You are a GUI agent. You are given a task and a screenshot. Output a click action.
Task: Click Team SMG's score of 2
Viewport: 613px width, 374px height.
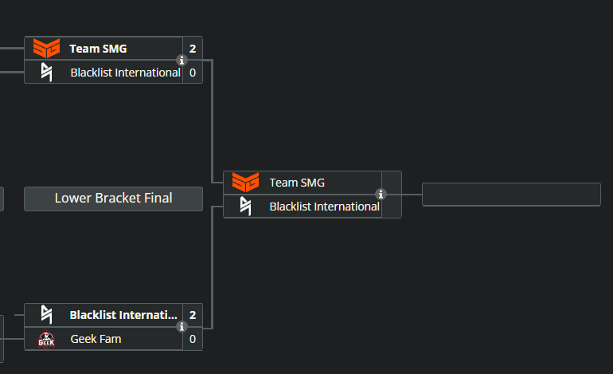pos(193,49)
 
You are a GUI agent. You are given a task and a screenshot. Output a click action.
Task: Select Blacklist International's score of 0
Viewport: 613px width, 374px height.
pos(193,73)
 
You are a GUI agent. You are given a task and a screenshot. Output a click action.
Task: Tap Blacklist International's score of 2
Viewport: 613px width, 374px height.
pos(193,315)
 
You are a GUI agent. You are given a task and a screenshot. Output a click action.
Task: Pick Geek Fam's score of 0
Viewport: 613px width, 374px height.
pos(193,339)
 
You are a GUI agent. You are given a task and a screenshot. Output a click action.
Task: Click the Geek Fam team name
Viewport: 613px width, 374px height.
pos(96,339)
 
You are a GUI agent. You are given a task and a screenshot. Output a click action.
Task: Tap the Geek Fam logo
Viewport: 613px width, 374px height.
pos(46,339)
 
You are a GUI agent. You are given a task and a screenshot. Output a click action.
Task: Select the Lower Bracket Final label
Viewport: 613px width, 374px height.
pos(113,199)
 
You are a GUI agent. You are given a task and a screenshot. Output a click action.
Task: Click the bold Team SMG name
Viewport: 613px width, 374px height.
pos(98,49)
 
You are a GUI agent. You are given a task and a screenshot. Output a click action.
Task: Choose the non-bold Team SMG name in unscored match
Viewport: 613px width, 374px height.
pos(297,183)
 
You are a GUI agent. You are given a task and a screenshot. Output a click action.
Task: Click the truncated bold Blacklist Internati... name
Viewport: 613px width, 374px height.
pos(123,315)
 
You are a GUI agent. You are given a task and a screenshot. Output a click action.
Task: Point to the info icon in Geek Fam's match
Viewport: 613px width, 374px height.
pos(182,327)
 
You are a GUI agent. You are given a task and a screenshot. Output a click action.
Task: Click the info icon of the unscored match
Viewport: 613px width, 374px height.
pos(381,195)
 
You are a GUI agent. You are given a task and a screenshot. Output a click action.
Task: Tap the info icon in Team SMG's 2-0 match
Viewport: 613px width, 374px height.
pos(182,61)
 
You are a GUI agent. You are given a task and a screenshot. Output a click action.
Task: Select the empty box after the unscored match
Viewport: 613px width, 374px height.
pos(511,195)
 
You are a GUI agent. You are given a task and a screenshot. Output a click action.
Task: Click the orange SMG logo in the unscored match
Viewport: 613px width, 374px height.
pos(245,183)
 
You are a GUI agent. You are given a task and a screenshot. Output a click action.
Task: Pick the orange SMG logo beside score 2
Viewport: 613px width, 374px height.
pos(46,49)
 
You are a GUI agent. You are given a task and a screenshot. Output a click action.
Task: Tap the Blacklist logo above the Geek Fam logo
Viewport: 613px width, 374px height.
pos(46,315)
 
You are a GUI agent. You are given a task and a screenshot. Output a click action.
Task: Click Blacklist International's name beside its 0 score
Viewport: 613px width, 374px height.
pos(125,73)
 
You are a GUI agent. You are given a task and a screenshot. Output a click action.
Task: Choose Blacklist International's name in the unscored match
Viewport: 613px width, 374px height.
pos(324,207)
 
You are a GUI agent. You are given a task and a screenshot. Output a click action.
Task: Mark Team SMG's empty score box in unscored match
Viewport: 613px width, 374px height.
pos(392,183)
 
